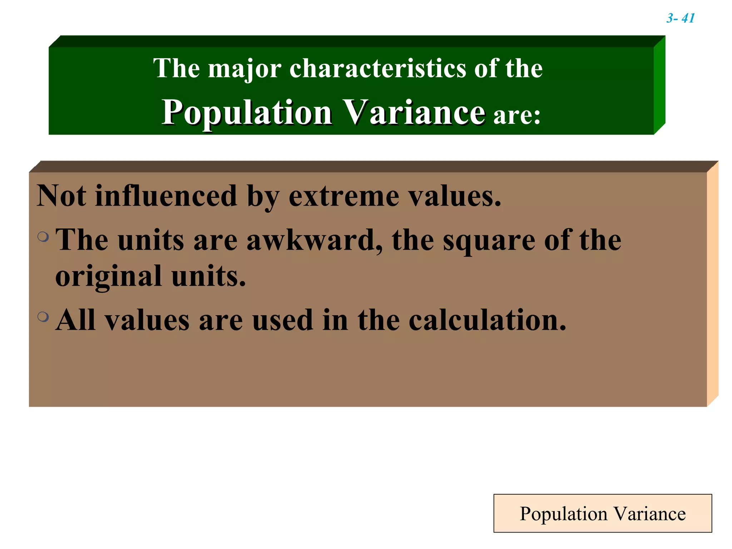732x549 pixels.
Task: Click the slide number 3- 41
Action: [x=680, y=18]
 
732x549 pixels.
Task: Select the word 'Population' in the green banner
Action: [x=247, y=113]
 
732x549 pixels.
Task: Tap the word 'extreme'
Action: [x=343, y=196]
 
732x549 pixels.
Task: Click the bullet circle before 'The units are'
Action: [x=43, y=236]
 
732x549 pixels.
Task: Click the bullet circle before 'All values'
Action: [x=43, y=317]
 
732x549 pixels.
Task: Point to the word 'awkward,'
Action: [x=315, y=240]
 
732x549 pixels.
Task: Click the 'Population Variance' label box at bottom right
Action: [x=603, y=514]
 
